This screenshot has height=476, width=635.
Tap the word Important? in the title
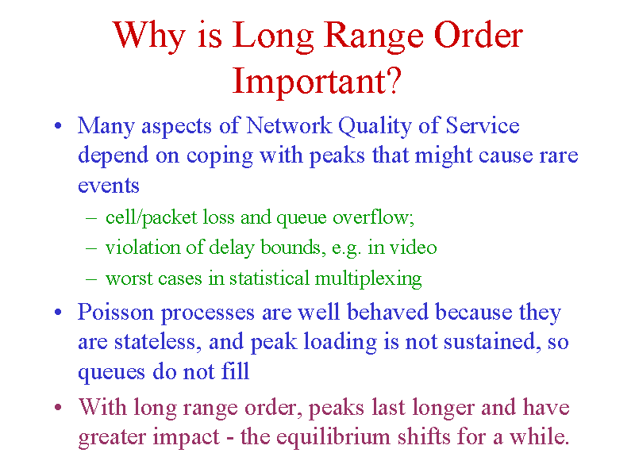(317, 81)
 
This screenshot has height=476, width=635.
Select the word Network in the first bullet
(289, 125)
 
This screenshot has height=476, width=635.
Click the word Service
(483, 125)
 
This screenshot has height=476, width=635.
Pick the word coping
(220, 155)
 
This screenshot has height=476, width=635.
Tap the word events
(109, 186)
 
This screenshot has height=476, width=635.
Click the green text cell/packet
(151, 217)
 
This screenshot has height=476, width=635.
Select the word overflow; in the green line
(373, 217)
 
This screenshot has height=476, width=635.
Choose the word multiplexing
(368, 278)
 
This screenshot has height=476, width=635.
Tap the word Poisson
(116, 312)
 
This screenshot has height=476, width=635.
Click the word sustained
(492, 342)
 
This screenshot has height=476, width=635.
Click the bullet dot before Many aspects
(58, 125)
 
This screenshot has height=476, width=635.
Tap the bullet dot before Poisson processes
(58, 312)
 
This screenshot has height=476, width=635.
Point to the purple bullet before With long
(58, 407)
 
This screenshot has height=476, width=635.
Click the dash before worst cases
(91, 279)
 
